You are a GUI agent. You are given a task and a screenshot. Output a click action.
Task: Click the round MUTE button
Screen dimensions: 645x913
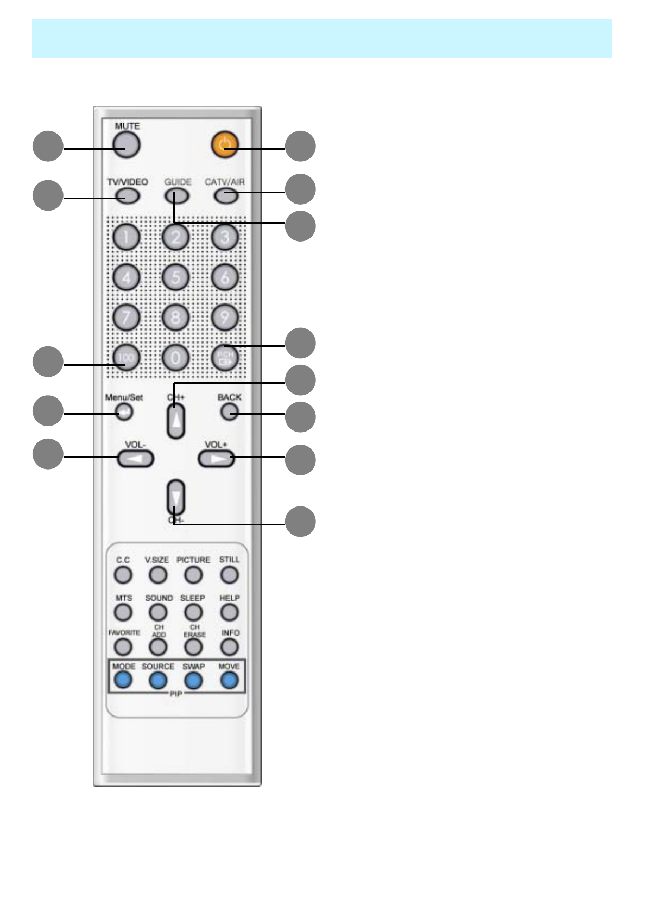point(127,145)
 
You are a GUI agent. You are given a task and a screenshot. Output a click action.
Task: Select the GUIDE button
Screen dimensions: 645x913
point(177,195)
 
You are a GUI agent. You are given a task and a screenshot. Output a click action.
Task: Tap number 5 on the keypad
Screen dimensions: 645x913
point(175,277)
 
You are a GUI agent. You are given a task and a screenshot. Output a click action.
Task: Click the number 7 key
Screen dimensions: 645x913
point(127,317)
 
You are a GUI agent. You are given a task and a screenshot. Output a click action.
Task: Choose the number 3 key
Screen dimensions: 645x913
point(225,237)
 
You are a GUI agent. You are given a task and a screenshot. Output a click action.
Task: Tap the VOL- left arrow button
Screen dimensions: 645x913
point(135,459)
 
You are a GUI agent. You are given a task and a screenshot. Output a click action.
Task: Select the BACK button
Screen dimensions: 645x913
point(229,411)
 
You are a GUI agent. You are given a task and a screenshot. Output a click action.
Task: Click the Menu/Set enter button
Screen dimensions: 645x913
point(124,413)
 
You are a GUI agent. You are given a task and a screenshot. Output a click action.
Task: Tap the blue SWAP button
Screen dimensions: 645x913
point(193,680)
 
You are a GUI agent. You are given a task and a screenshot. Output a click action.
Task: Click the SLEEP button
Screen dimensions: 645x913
point(193,612)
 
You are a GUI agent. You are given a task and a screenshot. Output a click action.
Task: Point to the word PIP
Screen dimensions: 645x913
point(176,694)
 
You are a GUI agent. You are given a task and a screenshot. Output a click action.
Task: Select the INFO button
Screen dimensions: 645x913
point(230,646)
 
